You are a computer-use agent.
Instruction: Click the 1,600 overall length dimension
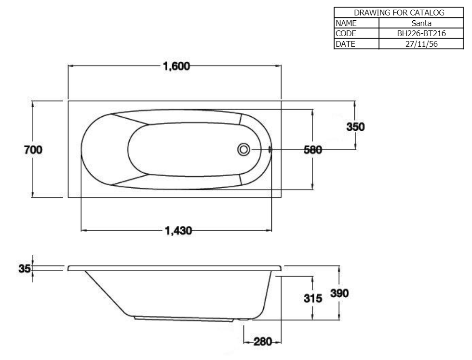point(176,66)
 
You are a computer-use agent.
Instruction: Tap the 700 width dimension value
point(33,150)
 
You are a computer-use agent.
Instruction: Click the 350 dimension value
point(356,126)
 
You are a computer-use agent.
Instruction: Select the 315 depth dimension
point(313,298)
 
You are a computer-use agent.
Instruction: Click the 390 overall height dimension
point(339,293)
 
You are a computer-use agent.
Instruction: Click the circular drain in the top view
point(243,149)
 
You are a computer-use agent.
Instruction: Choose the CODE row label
point(346,33)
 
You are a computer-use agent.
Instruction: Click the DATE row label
point(345,44)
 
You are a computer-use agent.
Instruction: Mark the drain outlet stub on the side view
point(244,319)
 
